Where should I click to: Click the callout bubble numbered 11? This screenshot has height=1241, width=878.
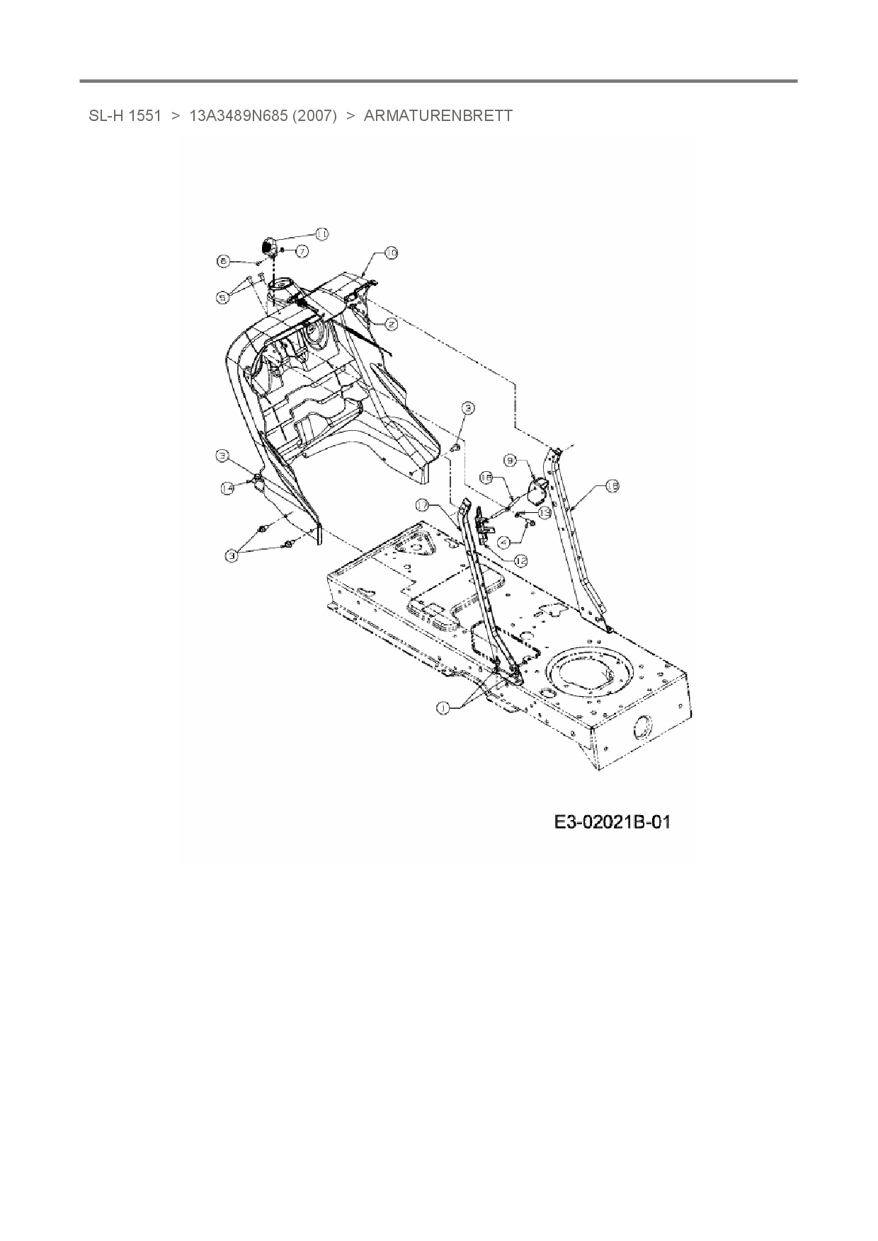(321, 233)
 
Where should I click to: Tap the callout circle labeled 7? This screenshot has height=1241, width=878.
(301, 250)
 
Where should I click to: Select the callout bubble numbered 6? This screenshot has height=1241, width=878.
(223, 261)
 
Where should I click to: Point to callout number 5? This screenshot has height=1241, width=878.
(223, 298)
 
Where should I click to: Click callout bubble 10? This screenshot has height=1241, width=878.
(391, 253)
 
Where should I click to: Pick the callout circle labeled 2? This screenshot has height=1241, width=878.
(391, 324)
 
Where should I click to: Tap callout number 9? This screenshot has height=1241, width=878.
(511, 460)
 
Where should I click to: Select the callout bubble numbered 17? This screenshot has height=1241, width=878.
(422, 505)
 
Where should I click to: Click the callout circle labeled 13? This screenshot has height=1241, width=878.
(545, 513)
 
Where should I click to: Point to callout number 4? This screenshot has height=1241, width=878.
(505, 543)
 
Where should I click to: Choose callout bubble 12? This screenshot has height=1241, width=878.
(521, 560)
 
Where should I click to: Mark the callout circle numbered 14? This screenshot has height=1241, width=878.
(227, 488)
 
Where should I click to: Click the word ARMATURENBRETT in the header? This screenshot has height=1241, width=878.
(438, 115)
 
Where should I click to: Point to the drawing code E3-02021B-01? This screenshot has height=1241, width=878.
(612, 822)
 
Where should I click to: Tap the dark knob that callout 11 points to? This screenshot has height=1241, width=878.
(270, 247)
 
